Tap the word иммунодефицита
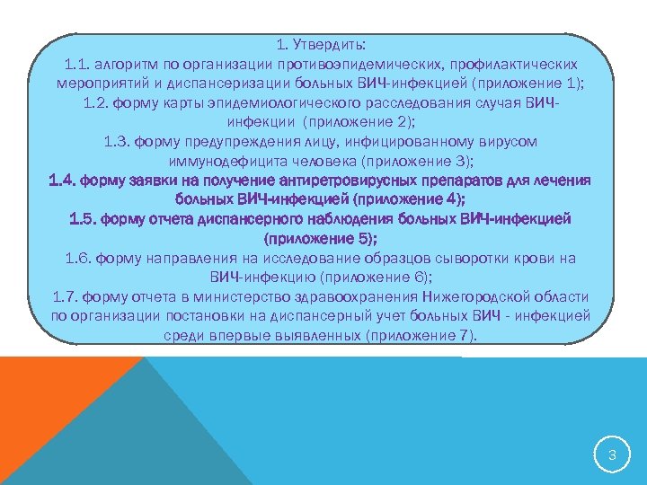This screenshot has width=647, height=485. (x=224, y=161)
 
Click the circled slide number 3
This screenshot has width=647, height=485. (x=611, y=455)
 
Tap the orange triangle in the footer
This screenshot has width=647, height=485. (x=45, y=404)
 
